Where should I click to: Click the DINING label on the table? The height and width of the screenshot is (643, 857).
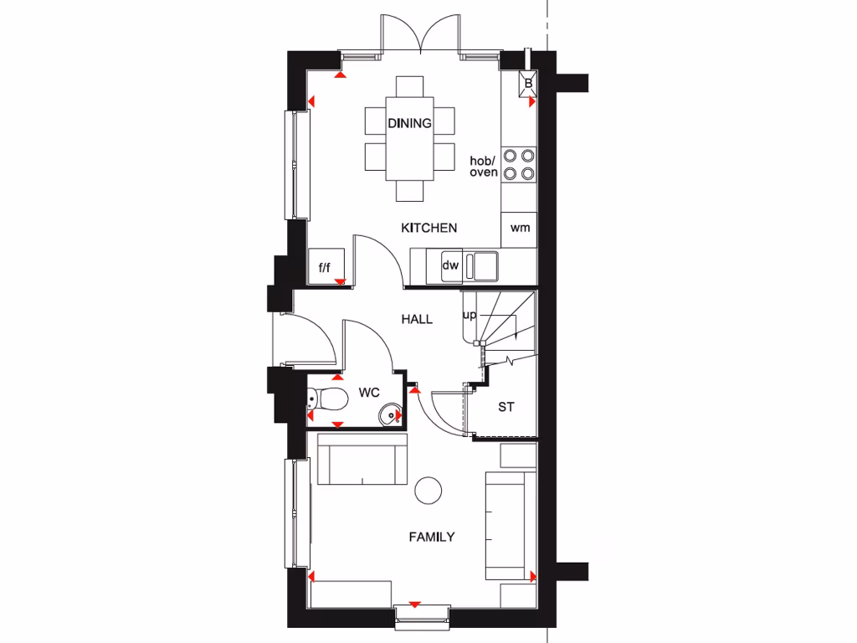click(x=409, y=123)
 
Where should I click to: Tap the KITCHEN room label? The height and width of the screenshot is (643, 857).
click(x=428, y=228)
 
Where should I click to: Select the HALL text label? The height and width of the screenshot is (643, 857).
click(x=416, y=319)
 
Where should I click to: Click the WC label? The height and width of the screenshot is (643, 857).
click(x=370, y=392)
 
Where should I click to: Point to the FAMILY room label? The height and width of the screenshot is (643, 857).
click(x=431, y=537)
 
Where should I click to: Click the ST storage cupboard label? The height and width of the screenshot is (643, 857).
click(x=505, y=408)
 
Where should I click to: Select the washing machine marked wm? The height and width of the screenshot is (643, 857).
click(x=520, y=228)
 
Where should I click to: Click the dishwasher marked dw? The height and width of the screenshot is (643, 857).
click(x=451, y=265)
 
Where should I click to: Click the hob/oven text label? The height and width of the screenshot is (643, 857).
click(x=483, y=166)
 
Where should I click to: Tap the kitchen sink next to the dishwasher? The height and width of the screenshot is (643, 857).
click(x=483, y=265)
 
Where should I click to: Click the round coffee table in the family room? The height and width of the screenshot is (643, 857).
click(x=428, y=489)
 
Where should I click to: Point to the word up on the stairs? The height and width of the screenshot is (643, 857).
click(x=470, y=316)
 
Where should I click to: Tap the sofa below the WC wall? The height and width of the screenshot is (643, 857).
click(x=362, y=460)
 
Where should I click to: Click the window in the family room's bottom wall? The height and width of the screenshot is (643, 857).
click(x=422, y=615)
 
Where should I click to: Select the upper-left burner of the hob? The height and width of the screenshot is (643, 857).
click(x=510, y=155)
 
